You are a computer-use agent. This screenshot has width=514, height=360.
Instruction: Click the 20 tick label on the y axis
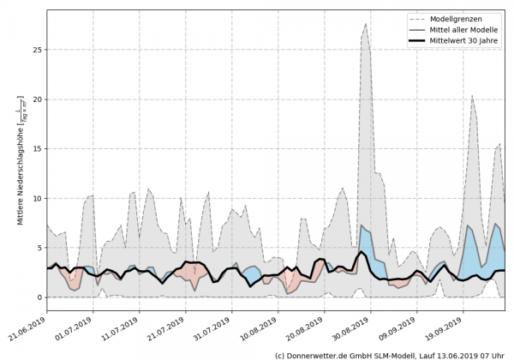tap(37, 99)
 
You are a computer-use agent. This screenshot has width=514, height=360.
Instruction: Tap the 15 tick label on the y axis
tap(37, 149)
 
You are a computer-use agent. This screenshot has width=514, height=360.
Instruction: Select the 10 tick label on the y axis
tap(37, 199)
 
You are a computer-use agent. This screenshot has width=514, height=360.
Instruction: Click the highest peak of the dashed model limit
tap(366, 24)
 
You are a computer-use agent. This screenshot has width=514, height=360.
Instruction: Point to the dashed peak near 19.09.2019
tap(472, 96)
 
